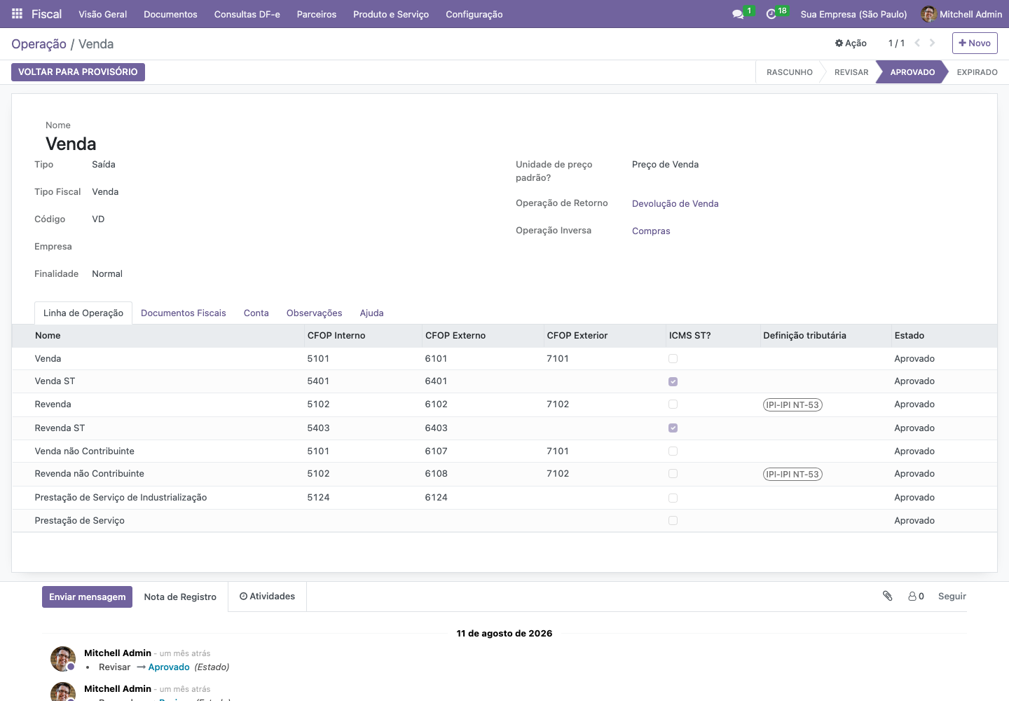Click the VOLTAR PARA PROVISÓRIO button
[78, 72]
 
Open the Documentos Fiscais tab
[184, 313]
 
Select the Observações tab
[314, 313]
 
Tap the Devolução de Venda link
[675, 203]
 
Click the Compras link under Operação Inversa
[651, 231]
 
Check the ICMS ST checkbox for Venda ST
[673, 381]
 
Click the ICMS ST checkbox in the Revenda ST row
[673, 428]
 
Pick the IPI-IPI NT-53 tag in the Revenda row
[792, 404]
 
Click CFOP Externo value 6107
[436, 451]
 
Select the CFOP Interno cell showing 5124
[318, 498]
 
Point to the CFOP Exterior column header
[577, 335]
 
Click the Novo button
[974, 43]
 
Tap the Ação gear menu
[851, 43]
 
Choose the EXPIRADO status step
[977, 72]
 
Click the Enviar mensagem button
[87, 597]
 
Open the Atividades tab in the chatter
[267, 597]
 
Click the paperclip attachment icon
[887, 596]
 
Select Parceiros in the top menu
[316, 15]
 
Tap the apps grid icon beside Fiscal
[17, 13]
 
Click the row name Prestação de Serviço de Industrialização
[121, 498]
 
